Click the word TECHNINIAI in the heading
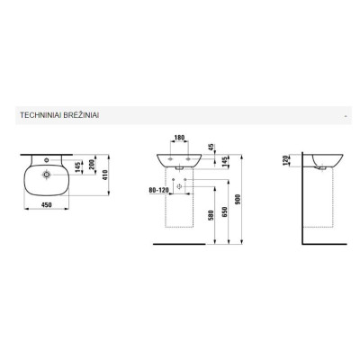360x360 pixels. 40,115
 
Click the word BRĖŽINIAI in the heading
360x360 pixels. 81,115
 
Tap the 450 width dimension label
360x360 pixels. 47,205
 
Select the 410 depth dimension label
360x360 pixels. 105,175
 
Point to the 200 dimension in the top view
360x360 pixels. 92,164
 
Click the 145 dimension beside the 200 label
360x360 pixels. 78,167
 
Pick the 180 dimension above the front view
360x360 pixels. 179,138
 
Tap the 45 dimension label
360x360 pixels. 211,147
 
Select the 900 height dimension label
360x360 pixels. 238,199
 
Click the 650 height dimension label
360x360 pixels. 225,211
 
